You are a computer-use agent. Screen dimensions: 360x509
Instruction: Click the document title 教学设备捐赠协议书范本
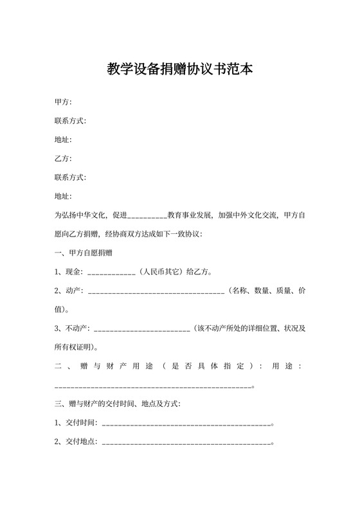pyautogui.click(x=179, y=69)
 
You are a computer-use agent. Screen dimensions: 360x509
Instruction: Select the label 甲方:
pyautogui.click(x=63, y=102)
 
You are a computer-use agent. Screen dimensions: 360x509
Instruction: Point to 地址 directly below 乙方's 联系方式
pyautogui.click(x=63, y=196)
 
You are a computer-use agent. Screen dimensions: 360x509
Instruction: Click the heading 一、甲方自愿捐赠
pyautogui.click(x=84, y=253)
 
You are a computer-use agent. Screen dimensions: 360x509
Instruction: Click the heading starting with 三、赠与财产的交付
pyautogui.click(x=118, y=404)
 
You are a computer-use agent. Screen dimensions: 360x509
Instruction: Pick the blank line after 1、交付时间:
pyautogui.click(x=186, y=425)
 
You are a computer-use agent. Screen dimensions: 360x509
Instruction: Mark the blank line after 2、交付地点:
pyautogui.click(x=186, y=443)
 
